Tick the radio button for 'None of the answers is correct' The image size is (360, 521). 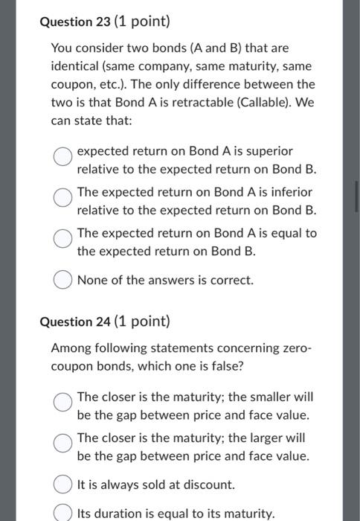[63, 281]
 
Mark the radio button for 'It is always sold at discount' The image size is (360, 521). [63, 485]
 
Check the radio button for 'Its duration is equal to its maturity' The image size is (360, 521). [63, 513]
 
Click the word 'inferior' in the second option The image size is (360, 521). [269, 192]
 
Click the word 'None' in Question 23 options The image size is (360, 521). [92, 281]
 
